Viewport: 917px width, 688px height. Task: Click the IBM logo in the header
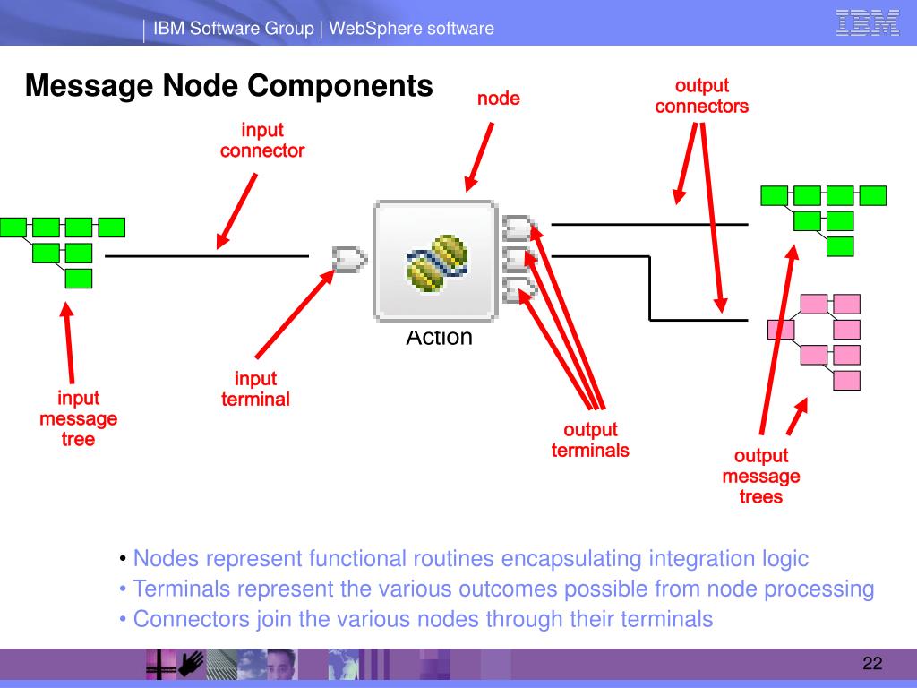pyautogui.click(x=867, y=23)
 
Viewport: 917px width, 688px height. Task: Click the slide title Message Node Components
pyautogui.click(x=228, y=86)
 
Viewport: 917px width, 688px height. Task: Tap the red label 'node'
pyautogui.click(x=498, y=99)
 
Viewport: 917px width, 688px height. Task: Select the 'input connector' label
pyautogui.click(x=262, y=141)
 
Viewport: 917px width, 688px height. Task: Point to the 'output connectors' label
pyautogui.click(x=702, y=96)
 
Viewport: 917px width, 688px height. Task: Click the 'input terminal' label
pyautogui.click(x=255, y=389)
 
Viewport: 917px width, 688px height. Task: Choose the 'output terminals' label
pyautogui.click(x=590, y=440)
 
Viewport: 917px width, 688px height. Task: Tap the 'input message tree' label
pyautogui.click(x=79, y=418)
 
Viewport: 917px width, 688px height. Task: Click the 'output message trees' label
pyautogui.click(x=761, y=476)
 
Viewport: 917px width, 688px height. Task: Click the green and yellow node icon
pyautogui.click(x=437, y=262)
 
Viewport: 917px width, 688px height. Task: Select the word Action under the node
pyautogui.click(x=439, y=338)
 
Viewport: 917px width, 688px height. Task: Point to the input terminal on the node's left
pyautogui.click(x=349, y=259)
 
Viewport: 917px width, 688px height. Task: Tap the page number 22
pyautogui.click(x=872, y=663)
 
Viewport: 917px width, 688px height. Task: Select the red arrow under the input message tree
pyautogui.click(x=69, y=343)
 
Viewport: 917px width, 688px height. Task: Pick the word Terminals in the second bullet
pyautogui.click(x=181, y=589)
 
